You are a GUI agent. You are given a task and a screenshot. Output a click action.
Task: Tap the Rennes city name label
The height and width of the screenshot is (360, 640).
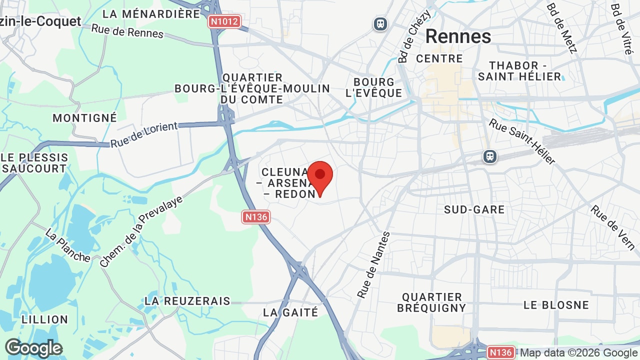click(458, 36)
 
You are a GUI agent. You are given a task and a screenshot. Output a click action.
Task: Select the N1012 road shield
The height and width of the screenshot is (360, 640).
click(224, 21)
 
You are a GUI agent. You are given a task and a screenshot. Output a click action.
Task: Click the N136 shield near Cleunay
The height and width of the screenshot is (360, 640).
click(256, 216)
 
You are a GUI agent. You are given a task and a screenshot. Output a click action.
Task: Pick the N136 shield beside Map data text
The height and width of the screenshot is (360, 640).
click(500, 352)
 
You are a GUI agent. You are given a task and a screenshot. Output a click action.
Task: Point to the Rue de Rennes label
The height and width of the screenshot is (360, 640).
click(127, 30)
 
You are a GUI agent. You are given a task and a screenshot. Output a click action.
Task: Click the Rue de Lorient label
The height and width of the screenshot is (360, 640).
click(143, 134)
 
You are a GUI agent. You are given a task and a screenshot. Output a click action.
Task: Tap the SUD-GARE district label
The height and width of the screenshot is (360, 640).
click(474, 209)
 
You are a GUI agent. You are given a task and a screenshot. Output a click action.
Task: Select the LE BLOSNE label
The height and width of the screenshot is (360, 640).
click(556, 304)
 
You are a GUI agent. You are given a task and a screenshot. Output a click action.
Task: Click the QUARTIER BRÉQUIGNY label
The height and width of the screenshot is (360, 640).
click(431, 302)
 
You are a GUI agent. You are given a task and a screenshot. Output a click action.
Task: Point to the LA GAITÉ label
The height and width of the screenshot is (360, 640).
click(290, 312)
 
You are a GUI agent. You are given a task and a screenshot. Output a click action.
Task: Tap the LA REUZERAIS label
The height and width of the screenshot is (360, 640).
click(187, 301)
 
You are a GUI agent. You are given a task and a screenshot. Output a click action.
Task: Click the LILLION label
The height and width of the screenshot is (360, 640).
click(45, 319)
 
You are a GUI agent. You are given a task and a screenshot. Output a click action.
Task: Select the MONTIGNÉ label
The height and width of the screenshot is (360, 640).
click(84, 118)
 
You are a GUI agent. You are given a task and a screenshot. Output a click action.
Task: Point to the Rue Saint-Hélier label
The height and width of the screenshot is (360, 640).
click(522, 141)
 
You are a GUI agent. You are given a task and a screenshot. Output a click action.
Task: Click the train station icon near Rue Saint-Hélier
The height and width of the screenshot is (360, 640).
click(490, 156)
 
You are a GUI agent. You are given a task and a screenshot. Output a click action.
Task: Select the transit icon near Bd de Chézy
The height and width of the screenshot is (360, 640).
click(380, 23)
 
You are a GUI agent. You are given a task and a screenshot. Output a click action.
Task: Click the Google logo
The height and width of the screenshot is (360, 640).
click(33, 348)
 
